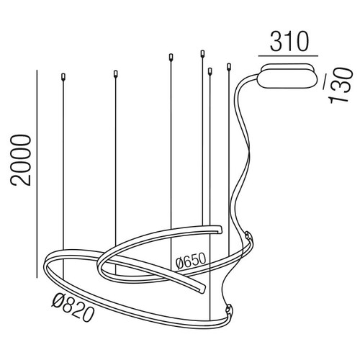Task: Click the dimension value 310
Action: pos(289,41)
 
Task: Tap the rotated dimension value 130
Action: pos(341,86)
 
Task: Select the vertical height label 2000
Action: pos(21,161)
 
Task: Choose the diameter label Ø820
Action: pos(72,308)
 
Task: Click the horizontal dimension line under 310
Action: pos(288,56)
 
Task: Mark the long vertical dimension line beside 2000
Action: pos(37,174)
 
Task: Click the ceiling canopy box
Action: pos(287,76)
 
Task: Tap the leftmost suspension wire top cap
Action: pos(63,76)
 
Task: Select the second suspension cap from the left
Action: pos(115,73)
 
